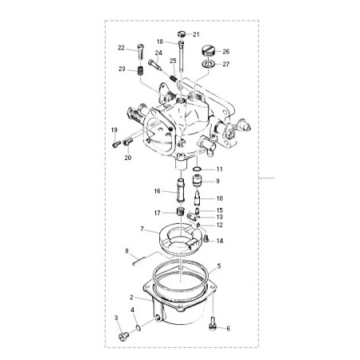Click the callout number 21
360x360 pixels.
point(196,34)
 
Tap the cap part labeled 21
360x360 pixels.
point(182,34)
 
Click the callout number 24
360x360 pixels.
point(158,53)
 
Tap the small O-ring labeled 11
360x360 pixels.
point(197,169)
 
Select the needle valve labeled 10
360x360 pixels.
point(198,199)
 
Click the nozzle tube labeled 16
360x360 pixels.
point(180,191)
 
